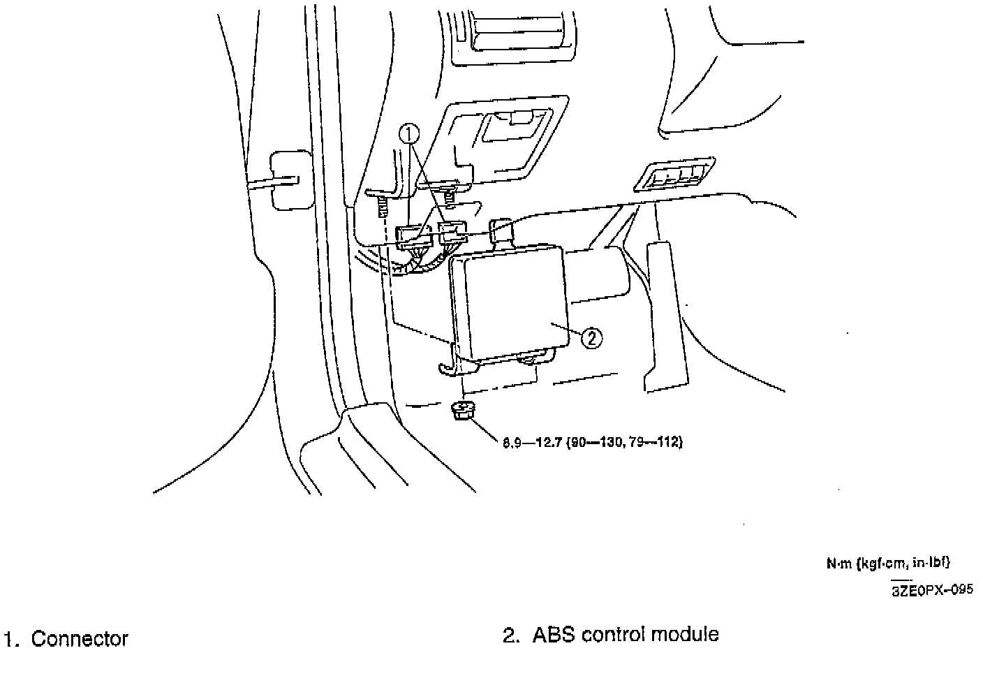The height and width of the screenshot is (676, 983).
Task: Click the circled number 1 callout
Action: click(x=411, y=133)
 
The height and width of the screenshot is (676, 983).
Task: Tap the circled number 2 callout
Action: click(x=591, y=338)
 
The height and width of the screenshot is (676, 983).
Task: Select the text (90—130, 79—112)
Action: click(x=624, y=442)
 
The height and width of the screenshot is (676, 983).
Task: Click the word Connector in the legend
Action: click(x=80, y=639)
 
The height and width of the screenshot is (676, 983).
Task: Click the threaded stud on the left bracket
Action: click(x=381, y=206)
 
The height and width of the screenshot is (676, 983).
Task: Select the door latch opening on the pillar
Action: click(x=288, y=179)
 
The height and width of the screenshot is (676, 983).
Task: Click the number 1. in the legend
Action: click(x=10, y=639)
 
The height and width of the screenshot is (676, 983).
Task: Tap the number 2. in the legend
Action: click(x=511, y=635)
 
